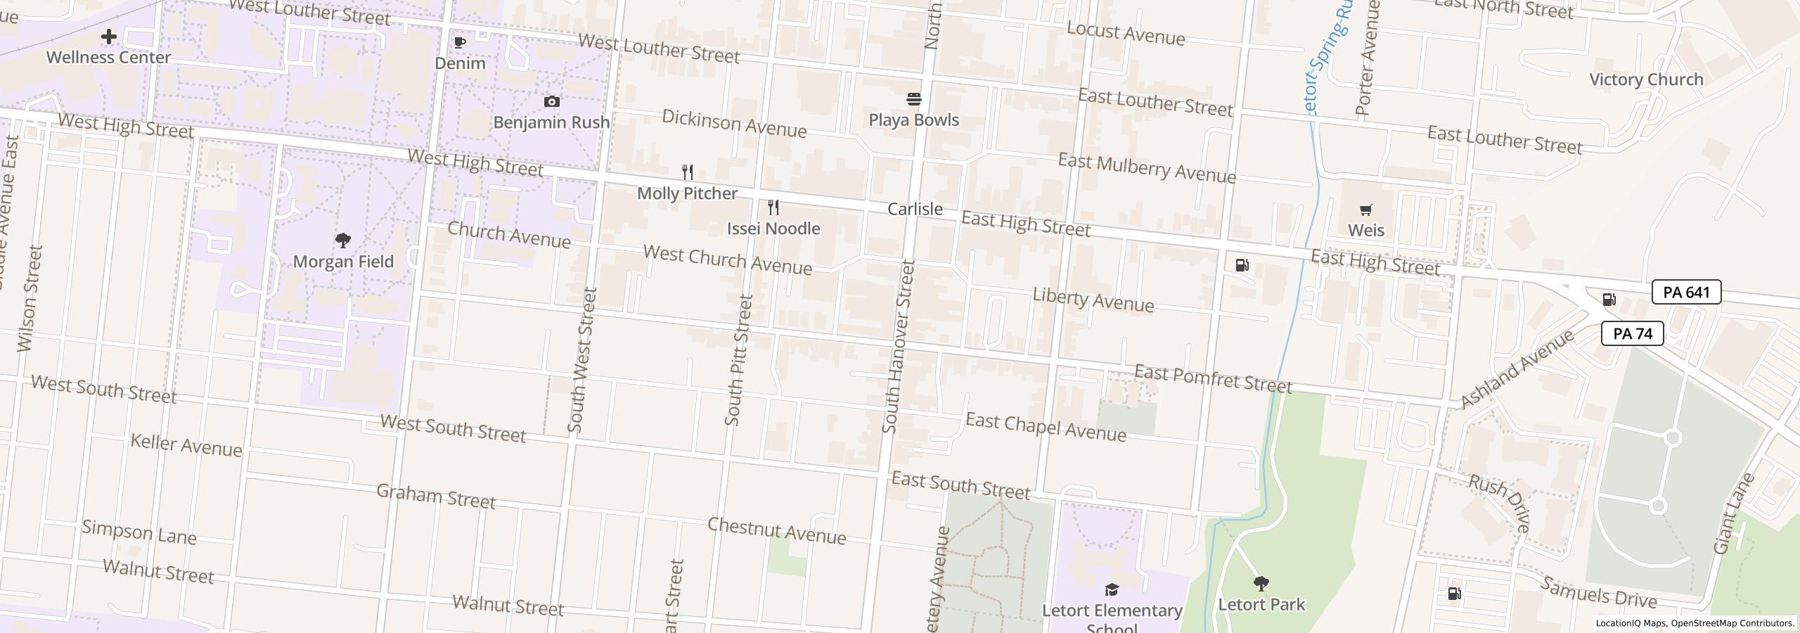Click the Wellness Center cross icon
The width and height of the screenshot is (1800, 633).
[108, 36]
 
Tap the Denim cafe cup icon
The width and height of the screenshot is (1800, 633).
[460, 42]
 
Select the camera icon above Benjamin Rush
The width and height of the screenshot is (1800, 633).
[552, 101]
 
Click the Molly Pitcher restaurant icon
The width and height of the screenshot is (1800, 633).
[688, 172]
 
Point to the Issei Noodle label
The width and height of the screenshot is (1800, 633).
[773, 229]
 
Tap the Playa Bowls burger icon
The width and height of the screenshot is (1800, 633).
[913, 98]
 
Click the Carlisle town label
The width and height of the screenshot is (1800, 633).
[915, 209]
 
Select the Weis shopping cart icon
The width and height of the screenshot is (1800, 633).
[1365, 210]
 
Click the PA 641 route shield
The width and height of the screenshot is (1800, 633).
[1686, 292]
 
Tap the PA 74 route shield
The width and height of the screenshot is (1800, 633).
[1632, 333]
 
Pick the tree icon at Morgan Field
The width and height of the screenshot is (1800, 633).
[343, 241]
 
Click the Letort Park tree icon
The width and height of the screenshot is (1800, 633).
[1261, 583]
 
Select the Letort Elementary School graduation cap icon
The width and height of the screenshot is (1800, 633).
[1112, 589]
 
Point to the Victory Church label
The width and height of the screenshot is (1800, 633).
[1646, 79]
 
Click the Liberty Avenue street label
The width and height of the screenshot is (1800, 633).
[1093, 300]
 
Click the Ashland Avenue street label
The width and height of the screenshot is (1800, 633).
[1517, 369]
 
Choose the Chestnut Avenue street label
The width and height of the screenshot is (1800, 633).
[776, 530]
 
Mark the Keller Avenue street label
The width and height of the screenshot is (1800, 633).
[186, 445]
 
